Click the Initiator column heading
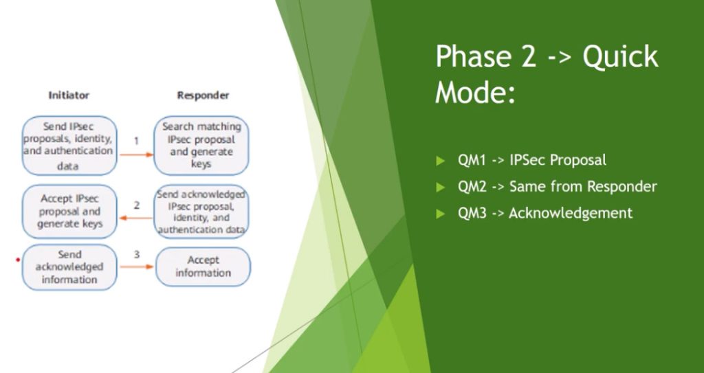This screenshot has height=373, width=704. coord(69,95)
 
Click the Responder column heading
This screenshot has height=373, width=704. coord(203,95)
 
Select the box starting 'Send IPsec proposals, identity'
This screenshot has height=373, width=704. coord(69,146)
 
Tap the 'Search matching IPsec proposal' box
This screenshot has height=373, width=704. coord(201,146)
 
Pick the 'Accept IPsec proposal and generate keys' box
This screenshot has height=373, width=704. coord(69,212)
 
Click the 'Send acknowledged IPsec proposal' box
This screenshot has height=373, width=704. coord(201,212)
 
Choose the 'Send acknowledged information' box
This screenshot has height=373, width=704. coord(69,267)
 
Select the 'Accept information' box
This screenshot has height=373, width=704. coord(203,267)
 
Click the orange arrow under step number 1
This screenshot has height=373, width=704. coord(137,155)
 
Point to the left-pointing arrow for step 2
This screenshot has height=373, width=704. coord(136,218)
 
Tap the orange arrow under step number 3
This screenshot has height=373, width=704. coord(137,267)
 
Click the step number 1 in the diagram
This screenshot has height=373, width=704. coord(137,141)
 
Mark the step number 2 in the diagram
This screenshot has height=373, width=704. coord(137,205)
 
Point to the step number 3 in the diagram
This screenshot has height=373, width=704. coord(137,254)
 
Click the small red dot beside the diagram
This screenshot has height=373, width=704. coord(18,260)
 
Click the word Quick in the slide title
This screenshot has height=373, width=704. coord(620,57)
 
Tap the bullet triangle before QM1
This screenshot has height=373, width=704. coord(440,160)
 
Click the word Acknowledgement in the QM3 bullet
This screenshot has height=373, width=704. coord(571,213)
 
